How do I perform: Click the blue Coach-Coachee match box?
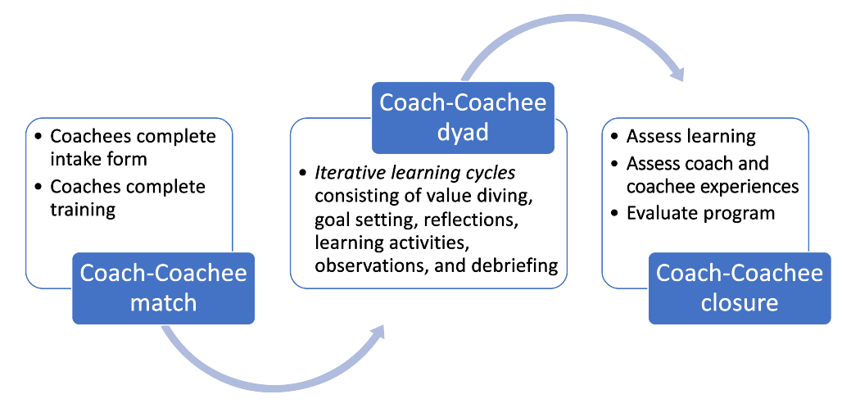point(163,288)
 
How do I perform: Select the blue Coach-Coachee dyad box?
point(463,118)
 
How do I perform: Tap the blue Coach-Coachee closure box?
point(740,288)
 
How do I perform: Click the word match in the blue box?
point(163,303)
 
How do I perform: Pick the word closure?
point(740,303)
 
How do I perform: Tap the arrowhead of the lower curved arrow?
point(374,333)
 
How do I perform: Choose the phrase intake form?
point(99,159)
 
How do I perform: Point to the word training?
point(83,211)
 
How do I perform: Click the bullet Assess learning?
point(691,137)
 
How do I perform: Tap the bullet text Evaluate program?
point(700,213)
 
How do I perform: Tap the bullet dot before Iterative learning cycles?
point(302,174)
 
